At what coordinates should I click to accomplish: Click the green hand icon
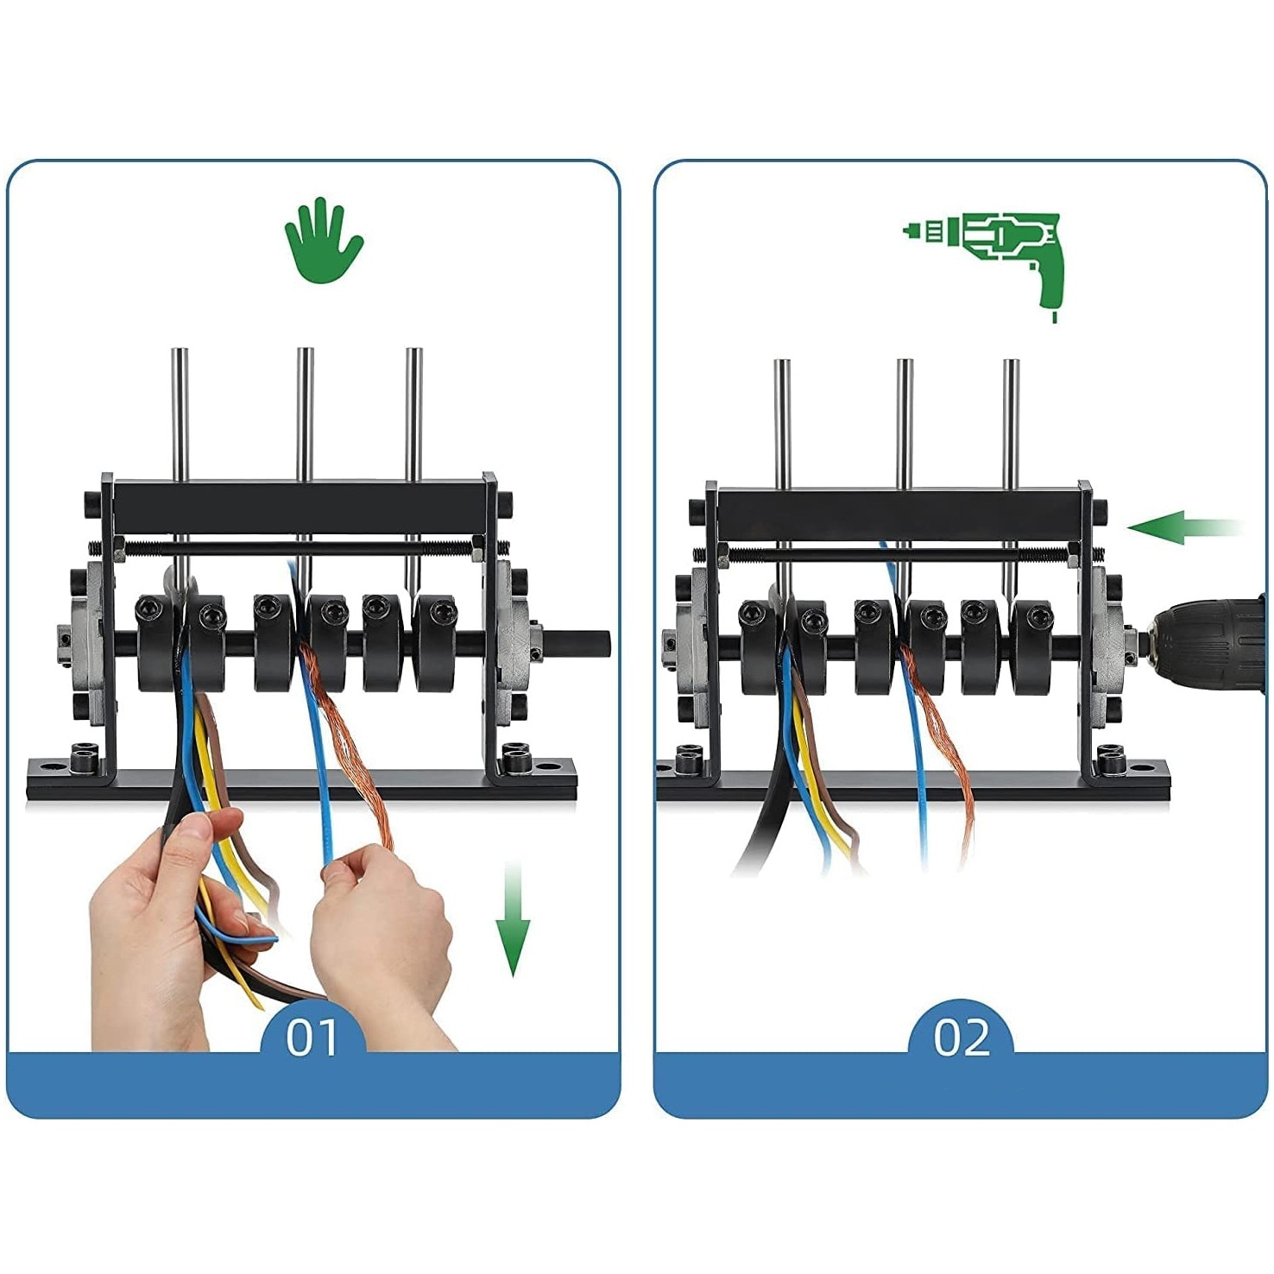(324, 239)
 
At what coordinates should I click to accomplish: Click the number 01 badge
(312, 1037)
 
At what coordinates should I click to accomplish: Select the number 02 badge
(961, 1037)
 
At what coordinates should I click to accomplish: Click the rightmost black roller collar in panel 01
(436, 643)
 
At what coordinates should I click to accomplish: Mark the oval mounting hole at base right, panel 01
(547, 766)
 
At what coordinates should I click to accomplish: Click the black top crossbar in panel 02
(898, 514)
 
